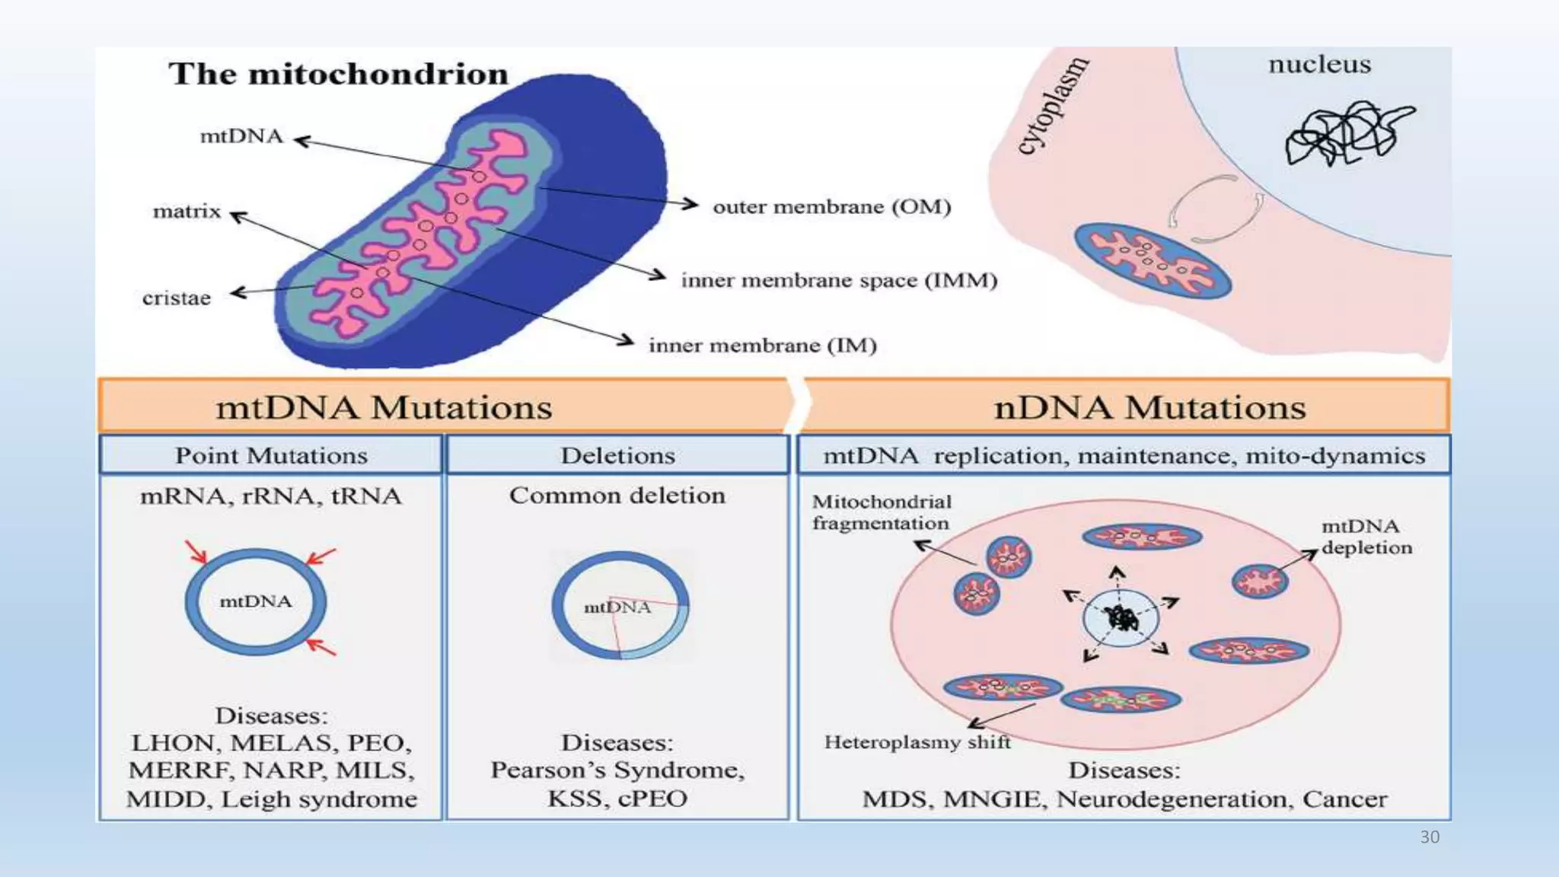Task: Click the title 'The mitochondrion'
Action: (x=338, y=74)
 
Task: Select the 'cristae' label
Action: (x=176, y=298)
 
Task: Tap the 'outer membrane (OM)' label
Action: (x=831, y=206)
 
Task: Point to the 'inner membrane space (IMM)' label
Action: (x=839, y=280)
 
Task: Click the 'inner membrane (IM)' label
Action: (x=762, y=346)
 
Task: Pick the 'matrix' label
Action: (x=187, y=211)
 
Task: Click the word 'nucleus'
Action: (x=1319, y=65)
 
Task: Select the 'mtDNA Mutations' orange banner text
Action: (x=384, y=407)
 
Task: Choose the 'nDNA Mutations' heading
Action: (x=1149, y=407)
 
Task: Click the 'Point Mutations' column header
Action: (x=271, y=455)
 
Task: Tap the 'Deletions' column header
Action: (x=617, y=455)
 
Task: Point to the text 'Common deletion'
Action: (x=617, y=496)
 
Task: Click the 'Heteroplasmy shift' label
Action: (x=917, y=741)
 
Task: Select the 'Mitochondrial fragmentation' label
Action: (x=882, y=512)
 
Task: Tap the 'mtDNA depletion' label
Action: (x=1366, y=537)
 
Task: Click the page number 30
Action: (x=1429, y=837)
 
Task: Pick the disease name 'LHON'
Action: (x=173, y=743)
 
